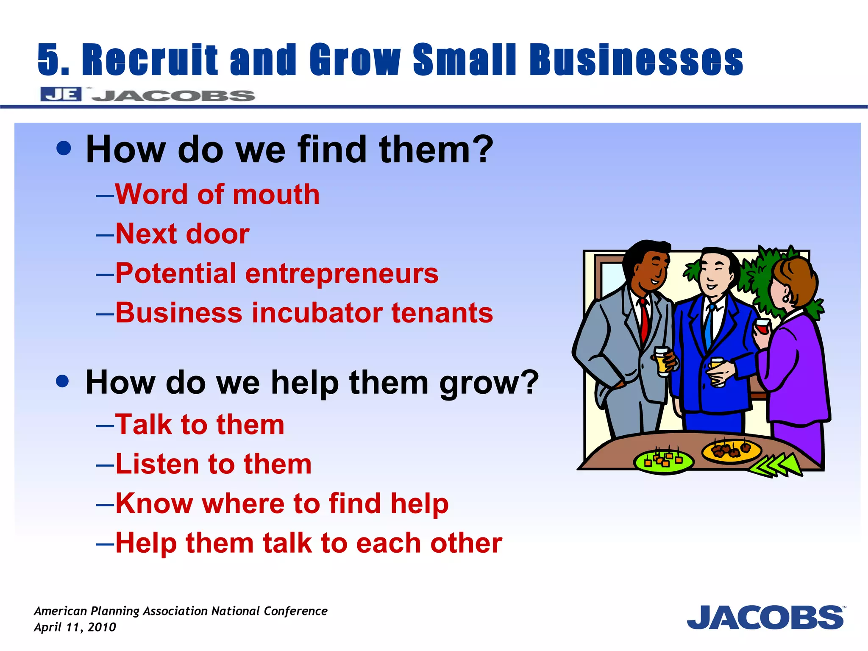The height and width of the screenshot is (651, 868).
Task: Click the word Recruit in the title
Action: pyautogui.click(x=150, y=60)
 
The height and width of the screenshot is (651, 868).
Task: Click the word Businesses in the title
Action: pyautogui.click(x=636, y=60)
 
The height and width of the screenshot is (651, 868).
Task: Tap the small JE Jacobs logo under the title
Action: pyautogui.click(x=147, y=95)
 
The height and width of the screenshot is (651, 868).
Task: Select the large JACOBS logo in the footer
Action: pyautogui.click(x=765, y=618)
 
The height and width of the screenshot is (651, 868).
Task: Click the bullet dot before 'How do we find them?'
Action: pyautogui.click(x=64, y=148)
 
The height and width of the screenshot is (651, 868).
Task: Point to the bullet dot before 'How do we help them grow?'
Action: pyautogui.click(x=62, y=381)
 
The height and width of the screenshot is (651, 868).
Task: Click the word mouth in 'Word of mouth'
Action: pyautogui.click(x=276, y=195)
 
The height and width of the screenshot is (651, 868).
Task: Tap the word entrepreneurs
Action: pyautogui.click(x=342, y=273)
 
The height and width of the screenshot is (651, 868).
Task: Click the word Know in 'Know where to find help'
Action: pyautogui.click(x=154, y=504)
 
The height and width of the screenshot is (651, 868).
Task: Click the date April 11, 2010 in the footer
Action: pyautogui.click(x=75, y=627)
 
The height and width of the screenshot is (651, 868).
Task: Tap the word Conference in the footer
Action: pyautogui.click(x=295, y=611)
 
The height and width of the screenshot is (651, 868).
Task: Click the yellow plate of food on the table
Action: pyautogui.click(x=731, y=451)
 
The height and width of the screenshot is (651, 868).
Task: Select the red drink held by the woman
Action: pyautogui.click(x=762, y=328)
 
